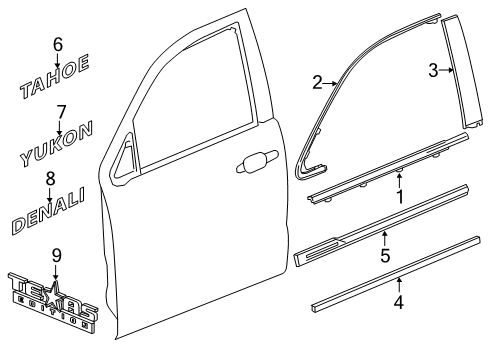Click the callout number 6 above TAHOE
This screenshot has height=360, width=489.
tap(57, 44)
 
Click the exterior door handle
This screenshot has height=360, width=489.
tap(255, 161)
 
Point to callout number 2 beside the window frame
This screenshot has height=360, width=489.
tap(317, 83)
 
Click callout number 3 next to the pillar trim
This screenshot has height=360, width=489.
tap(433, 70)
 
